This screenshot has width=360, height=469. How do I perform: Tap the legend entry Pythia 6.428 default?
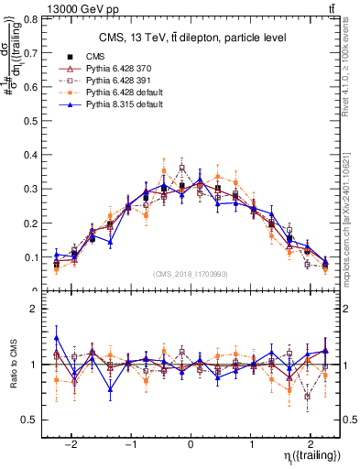[x=120, y=93]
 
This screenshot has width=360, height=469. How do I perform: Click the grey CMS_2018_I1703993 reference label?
[x=191, y=274]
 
